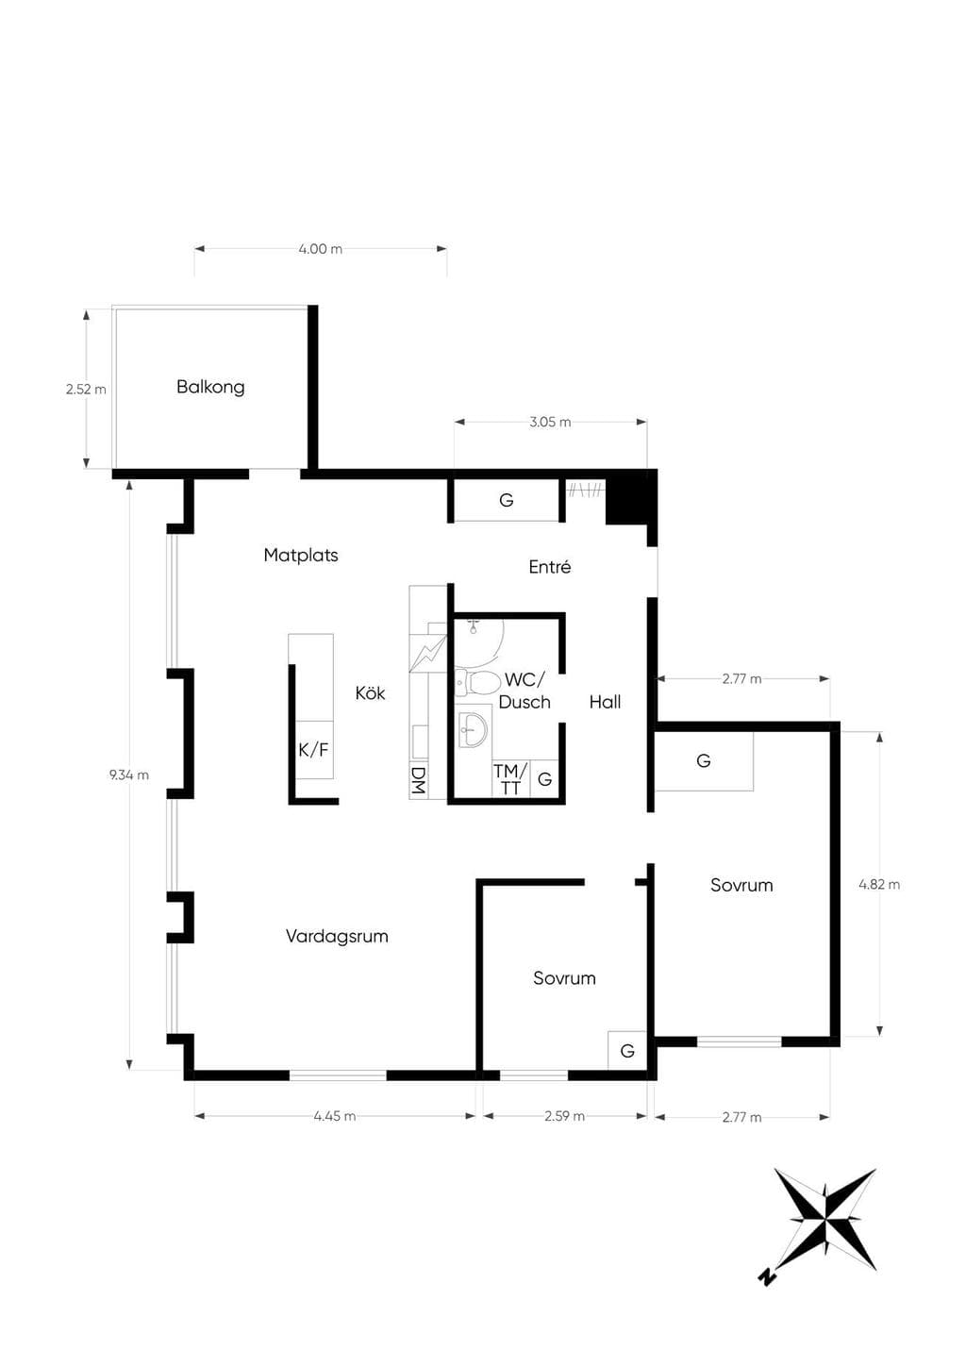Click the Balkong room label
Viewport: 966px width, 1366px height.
coord(210,387)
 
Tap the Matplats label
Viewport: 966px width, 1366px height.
coord(301,556)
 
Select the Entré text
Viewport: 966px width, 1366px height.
coord(549,567)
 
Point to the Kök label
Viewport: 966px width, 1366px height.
coord(370,693)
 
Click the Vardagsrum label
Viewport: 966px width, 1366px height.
coord(337,936)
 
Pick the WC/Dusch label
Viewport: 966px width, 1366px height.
coord(525,691)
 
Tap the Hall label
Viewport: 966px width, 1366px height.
coord(605,703)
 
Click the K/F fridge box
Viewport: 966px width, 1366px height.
coord(314,749)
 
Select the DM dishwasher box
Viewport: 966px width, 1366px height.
coord(418,780)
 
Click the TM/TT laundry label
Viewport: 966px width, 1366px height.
coord(509,779)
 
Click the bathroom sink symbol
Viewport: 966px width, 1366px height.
coord(474,729)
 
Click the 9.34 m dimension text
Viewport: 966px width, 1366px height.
coord(128,775)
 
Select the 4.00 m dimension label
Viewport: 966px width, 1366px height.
coord(320,249)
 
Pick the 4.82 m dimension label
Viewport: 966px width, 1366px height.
coord(879,884)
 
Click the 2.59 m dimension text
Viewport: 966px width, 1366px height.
coord(564,1116)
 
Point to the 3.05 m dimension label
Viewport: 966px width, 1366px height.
coord(550,422)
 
